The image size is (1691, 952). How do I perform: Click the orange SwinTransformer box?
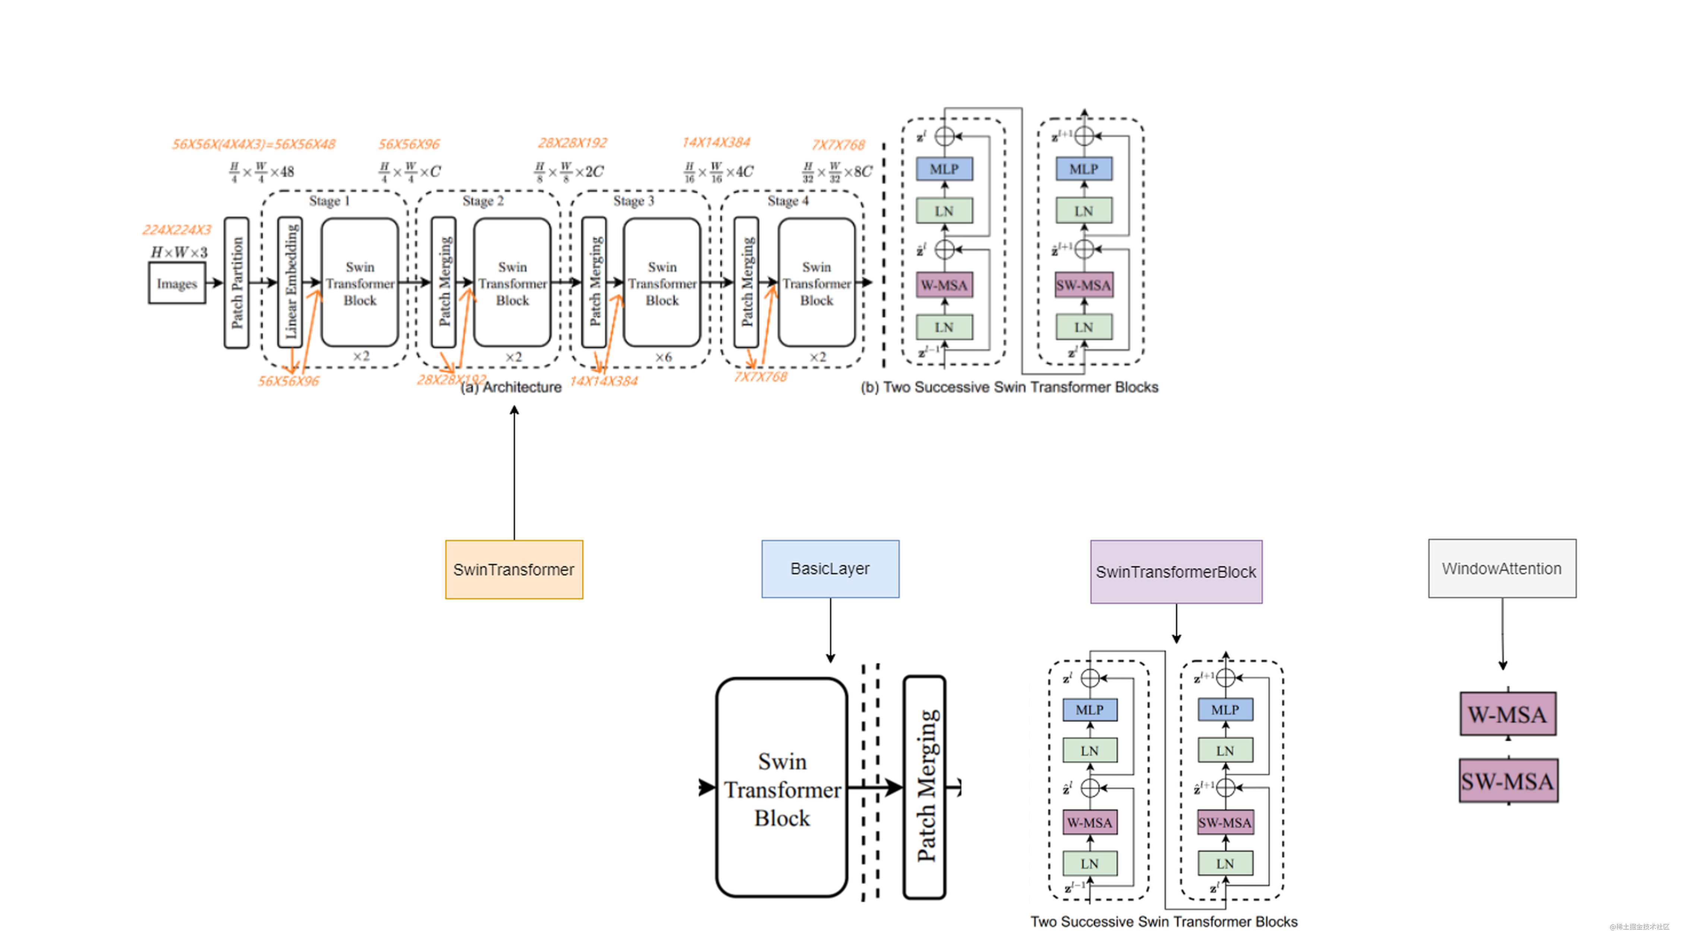[x=514, y=569]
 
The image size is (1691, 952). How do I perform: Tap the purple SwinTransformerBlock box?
[x=1176, y=571]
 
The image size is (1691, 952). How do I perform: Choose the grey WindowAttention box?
[x=1502, y=569]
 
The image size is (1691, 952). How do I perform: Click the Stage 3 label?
[x=633, y=201]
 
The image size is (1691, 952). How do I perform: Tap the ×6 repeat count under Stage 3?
[x=663, y=357]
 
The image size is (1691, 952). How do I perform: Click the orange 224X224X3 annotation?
[x=177, y=230]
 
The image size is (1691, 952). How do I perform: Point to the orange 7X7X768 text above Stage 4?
[x=838, y=144]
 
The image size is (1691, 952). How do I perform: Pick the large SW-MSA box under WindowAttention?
[x=1508, y=781]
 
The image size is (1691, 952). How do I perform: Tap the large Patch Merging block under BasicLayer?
[x=924, y=786]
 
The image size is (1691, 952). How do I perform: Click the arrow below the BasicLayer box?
[x=831, y=630]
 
